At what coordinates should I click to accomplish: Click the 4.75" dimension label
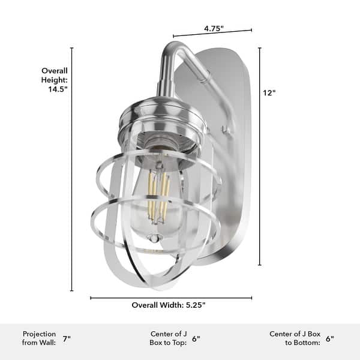point(214,28)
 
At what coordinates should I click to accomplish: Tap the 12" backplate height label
point(269,93)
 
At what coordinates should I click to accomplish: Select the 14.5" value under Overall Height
point(58,89)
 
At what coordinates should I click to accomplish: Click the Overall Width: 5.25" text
point(169,305)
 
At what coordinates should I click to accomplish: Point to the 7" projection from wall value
point(66,338)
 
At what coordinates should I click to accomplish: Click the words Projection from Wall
point(40,338)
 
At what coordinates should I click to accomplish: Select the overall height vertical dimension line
point(72,180)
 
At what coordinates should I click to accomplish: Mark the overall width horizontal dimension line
point(171,298)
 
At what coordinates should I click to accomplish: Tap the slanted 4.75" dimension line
point(212,33)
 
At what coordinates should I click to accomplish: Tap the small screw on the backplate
point(223,128)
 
